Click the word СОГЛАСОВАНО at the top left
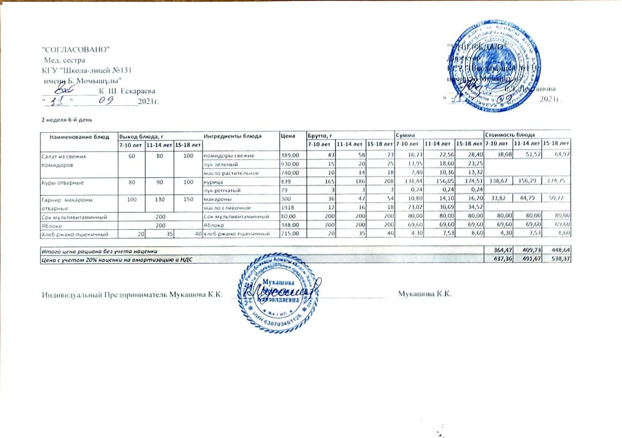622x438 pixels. coord(77,51)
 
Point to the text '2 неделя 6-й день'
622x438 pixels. coord(65,119)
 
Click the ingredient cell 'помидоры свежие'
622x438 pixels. coord(228,155)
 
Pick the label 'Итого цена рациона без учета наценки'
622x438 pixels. coord(101,251)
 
